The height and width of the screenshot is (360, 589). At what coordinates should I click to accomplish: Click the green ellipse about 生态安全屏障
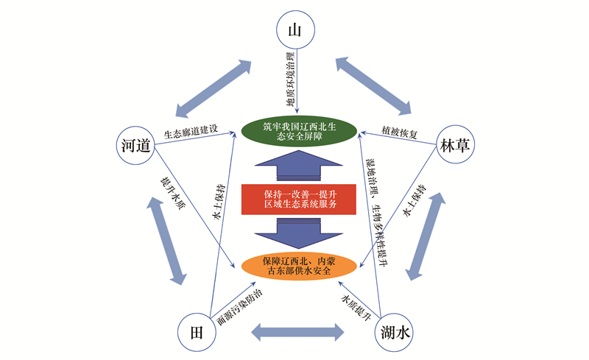coord(299,132)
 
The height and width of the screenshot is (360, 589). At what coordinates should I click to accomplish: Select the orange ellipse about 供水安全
coord(299,266)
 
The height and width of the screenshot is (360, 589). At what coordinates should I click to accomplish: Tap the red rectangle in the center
coord(299,200)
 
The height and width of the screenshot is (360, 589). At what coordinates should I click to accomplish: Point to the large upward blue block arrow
coord(299,166)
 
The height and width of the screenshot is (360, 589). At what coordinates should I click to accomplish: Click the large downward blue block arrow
coord(299,233)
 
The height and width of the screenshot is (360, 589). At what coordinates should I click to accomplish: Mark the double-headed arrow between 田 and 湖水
coord(297,332)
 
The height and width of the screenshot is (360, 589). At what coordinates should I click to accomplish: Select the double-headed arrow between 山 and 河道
coord(214,88)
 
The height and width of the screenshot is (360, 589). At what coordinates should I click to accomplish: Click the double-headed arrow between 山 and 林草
coord(373,85)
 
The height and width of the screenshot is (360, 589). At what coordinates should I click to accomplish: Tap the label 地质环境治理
coord(290,80)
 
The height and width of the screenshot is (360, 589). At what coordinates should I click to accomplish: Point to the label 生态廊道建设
coord(191,132)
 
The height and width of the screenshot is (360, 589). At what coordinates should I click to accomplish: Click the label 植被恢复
coord(399,132)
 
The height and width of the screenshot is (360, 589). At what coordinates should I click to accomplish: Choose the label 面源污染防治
coord(240,308)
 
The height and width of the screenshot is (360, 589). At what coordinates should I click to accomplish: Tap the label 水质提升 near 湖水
coord(356,308)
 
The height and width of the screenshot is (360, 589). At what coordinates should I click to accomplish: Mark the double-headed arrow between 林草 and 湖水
coord(426,236)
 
